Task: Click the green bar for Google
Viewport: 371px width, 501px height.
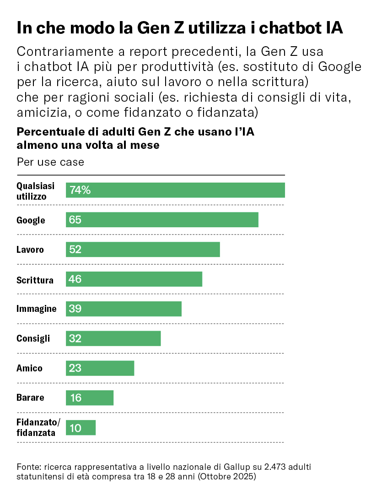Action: click(162, 220)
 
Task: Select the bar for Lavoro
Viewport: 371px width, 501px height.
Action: click(143, 250)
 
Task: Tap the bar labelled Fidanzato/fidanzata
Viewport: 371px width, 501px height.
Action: click(81, 428)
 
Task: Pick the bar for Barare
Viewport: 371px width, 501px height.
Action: click(90, 398)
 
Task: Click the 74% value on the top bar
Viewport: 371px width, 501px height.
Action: click(80, 190)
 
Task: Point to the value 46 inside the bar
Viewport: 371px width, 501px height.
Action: click(75, 279)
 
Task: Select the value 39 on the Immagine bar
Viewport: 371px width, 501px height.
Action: click(75, 309)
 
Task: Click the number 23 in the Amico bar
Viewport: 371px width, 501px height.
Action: click(75, 368)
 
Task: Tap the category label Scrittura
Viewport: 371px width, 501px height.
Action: click(35, 280)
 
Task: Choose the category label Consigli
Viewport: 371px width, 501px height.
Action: click(33, 339)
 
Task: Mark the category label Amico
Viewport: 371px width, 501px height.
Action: click(29, 368)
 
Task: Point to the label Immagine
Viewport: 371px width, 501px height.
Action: click(37, 309)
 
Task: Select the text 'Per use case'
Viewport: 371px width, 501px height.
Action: click(50, 162)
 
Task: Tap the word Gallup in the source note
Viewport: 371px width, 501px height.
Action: click(238, 467)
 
